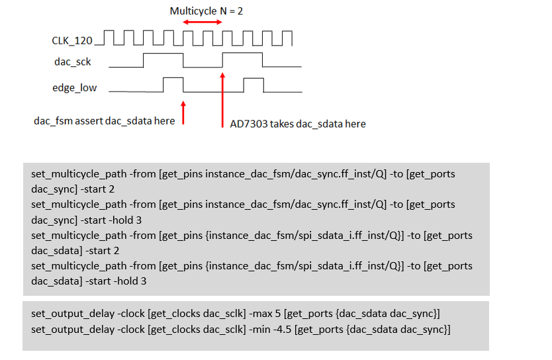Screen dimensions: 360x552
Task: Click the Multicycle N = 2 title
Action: pyautogui.click(x=206, y=11)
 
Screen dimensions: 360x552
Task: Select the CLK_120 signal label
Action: pyautogui.click(x=72, y=40)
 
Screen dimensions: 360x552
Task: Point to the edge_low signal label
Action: pyautogui.click(x=74, y=87)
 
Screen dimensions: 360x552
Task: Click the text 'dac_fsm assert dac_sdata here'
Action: pyautogui.click(x=105, y=121)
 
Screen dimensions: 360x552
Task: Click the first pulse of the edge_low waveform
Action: pyautogui.click(x=173, y=84)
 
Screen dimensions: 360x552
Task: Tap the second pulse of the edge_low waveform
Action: pyautogui.click(x=253, y=84)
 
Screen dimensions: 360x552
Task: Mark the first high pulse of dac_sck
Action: pyautogui.click(x=163, y=60)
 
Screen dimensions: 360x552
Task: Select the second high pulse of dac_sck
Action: pyautogui.click(x=242, y=60)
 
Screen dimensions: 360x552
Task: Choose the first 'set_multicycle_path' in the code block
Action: pyautogui.click(x=79, y=174)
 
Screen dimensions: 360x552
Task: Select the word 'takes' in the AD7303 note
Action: pyautogui.click(x=280, y=124)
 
